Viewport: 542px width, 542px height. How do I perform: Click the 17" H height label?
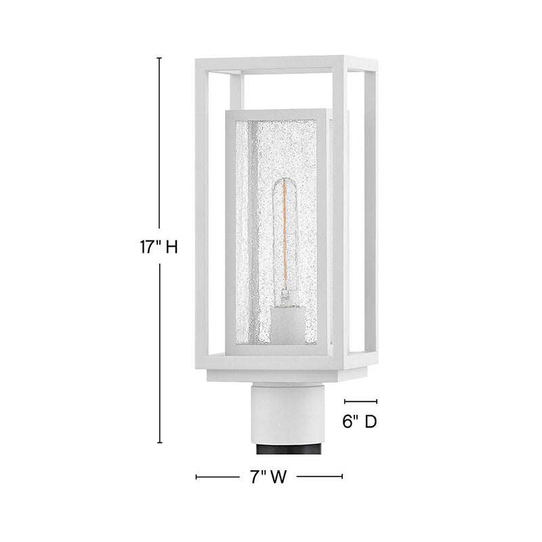tap(159, 247)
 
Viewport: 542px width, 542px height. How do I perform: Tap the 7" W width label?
tap(268, 477)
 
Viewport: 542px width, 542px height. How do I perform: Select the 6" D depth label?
tap(360, 421)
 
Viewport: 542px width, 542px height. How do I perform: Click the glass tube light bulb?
tap(285, 242)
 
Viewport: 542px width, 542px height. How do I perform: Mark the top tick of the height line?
tap(159, 58)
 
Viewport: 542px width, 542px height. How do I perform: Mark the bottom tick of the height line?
tap(159, 442)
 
